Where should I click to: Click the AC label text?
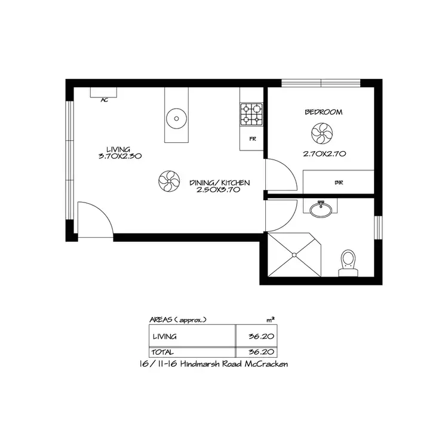pos(104,100)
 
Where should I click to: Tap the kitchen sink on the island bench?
pos(176,117)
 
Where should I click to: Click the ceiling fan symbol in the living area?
pos(168,181)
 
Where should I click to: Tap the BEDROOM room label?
pos(323,112)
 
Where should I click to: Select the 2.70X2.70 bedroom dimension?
pos(325,154)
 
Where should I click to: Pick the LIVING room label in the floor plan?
pos(118,149)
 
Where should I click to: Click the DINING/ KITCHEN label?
pos(219,183)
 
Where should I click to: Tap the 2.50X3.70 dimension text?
pos(219,190)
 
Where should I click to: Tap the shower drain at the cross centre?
pos(294,254)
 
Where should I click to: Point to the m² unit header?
pos(270,320)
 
